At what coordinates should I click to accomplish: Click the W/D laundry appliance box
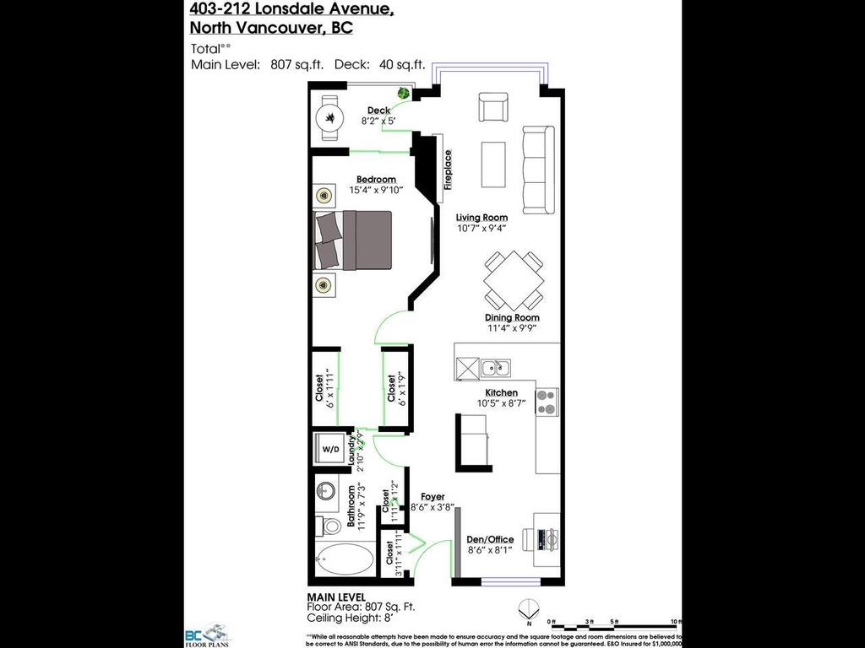click(329, 450)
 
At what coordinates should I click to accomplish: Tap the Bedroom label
click(376, 180)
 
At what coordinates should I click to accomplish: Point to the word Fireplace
click(449, 169)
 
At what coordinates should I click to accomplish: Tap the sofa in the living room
click(537, 170)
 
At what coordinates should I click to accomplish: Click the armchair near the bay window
click(493, 107)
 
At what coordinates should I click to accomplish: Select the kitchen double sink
click(495, 367)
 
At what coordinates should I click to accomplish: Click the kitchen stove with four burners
click(547, 402)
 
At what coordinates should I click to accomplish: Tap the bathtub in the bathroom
click(345, 559)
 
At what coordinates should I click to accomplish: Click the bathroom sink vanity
click(327, 492)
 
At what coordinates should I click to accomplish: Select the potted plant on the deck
click(405, 93)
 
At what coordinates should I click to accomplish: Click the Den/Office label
click(490, 540)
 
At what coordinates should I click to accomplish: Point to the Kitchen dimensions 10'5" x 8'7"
click(500, 404)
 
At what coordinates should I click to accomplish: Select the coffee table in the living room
click(493, 165)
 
